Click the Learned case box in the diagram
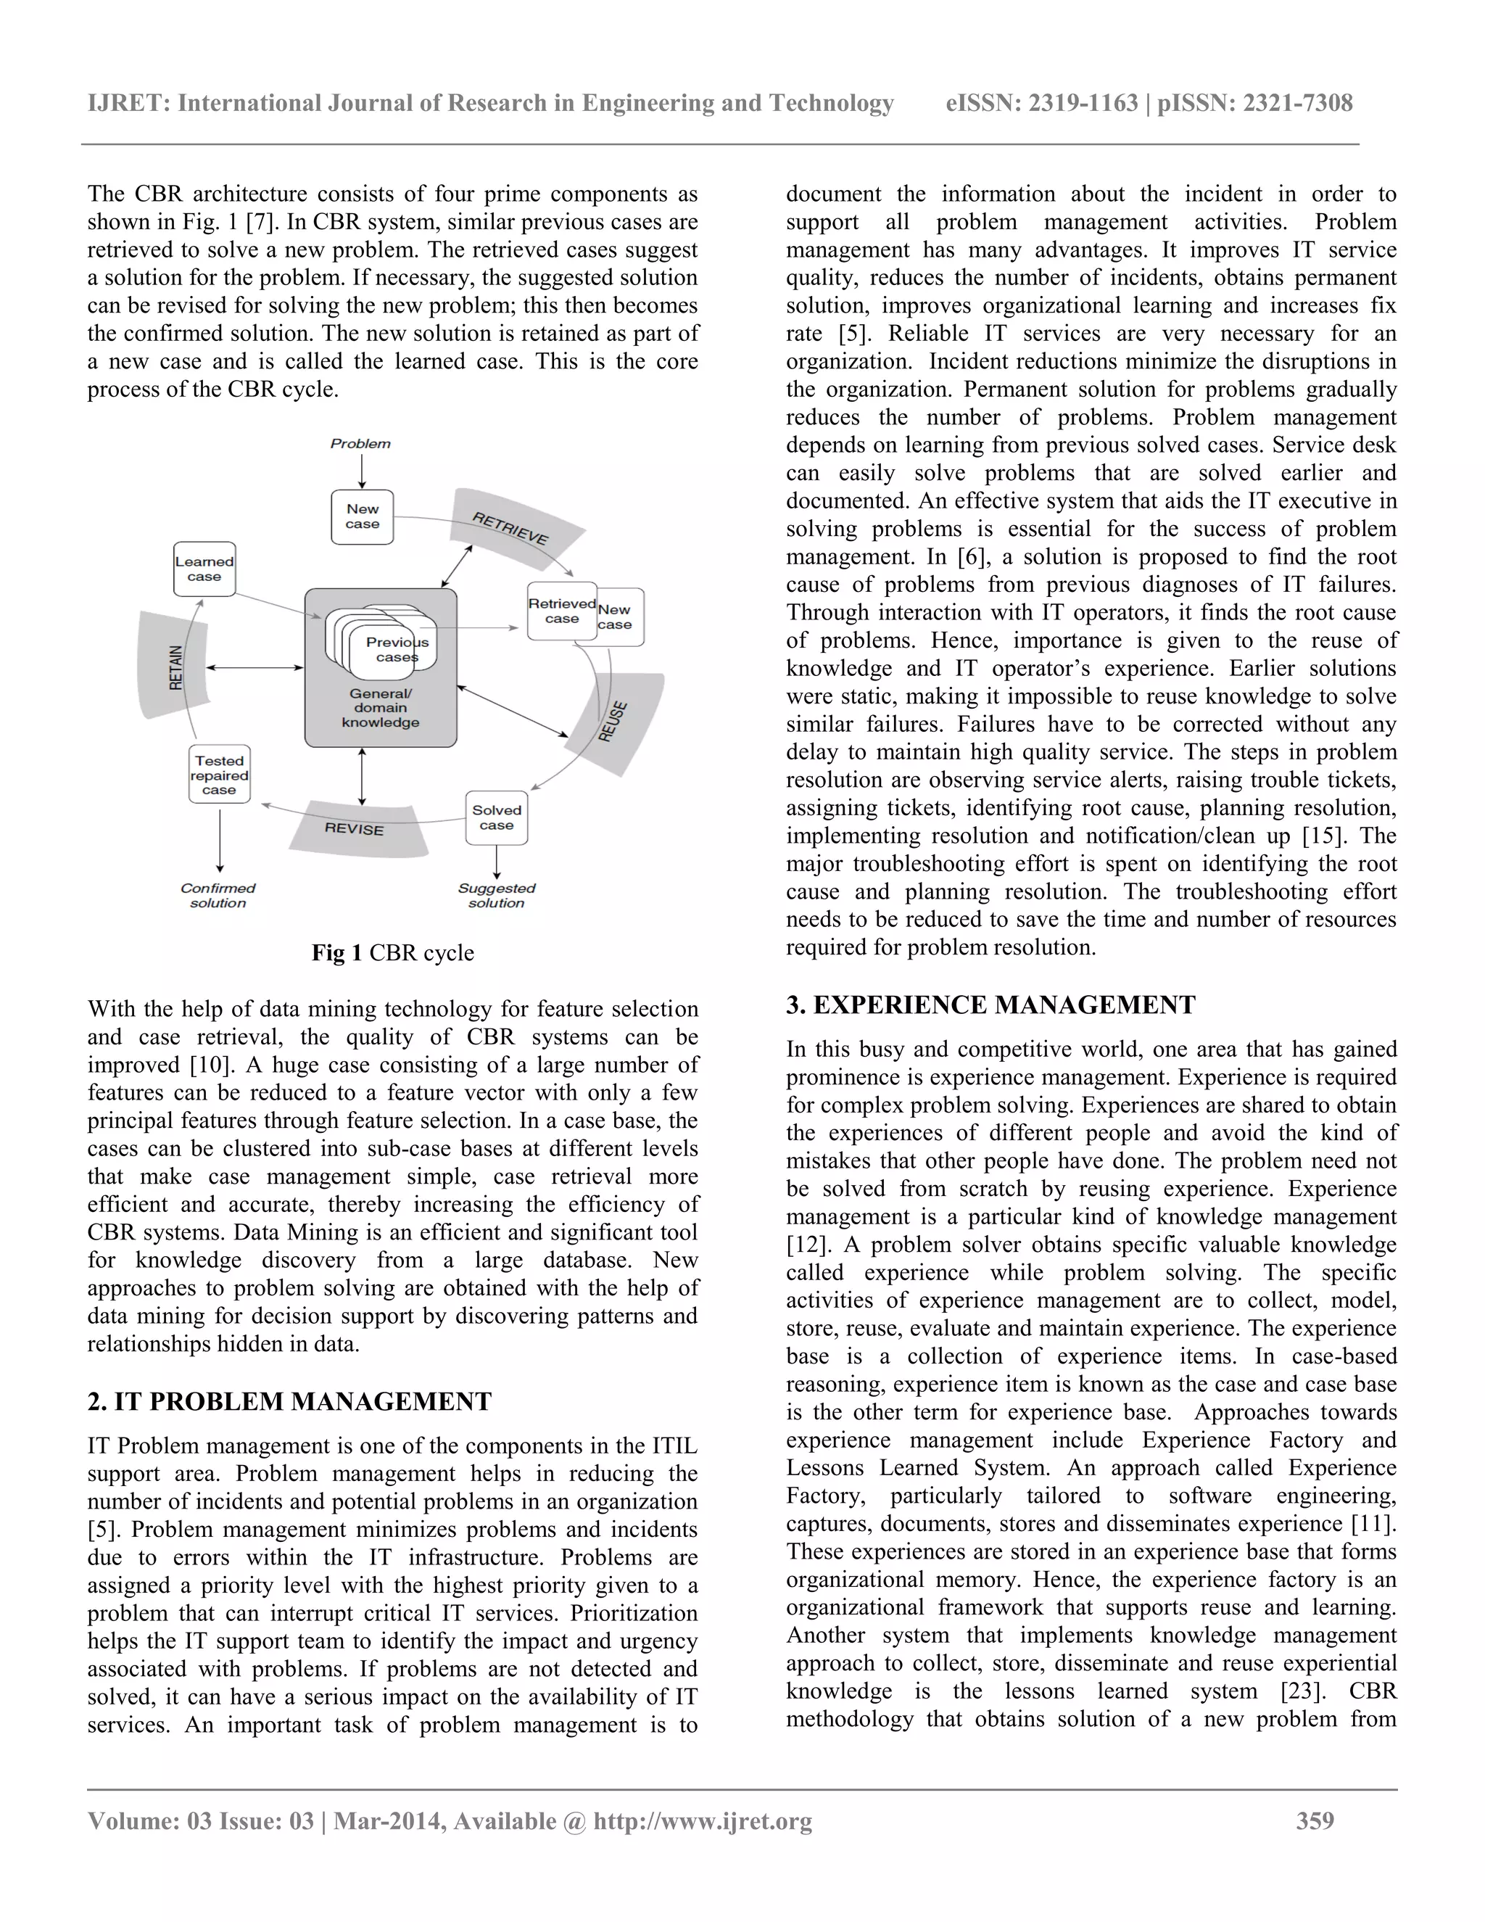click(204, 569)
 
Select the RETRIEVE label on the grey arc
click(510, 528)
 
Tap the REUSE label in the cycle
click(613, 721)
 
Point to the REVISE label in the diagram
click(355, 829)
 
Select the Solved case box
click(497, 817)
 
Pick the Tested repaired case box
click(219, 775)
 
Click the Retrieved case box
click(561, 611)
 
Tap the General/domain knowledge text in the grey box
click(380, 709)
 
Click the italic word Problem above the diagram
click(360, 444)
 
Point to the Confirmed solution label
click(218, 895)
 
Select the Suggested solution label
click(496, 895)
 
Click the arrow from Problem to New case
click(363, 471)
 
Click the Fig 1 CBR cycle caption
click(392, 953)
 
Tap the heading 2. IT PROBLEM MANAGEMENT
click(289, 1401)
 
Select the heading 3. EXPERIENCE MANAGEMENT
click(990, 1005)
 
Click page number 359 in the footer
click(1315, 1820)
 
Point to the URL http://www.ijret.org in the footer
click(702, 1820)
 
